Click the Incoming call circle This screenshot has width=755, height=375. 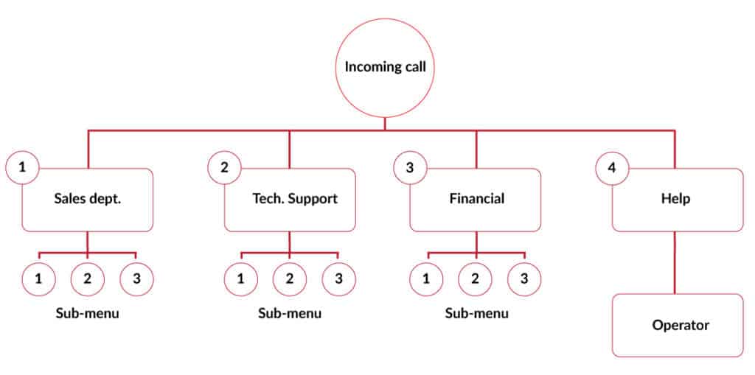click(x=384, y=67)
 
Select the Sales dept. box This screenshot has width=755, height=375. click(x=88, y=200)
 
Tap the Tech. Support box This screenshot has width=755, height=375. click(x=290, y=200)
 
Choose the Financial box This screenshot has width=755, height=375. click(x=476, y=200)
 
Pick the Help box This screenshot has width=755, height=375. click(x=678, y=200)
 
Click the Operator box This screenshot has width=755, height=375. click(x=678, y=326)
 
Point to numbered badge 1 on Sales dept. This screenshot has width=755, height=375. click(x=22, y=168)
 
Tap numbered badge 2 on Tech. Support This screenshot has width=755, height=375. click(x=224, y=168)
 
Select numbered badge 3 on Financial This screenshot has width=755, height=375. click(x=410, y=168)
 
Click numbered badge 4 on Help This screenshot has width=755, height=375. click(x=612, y=168)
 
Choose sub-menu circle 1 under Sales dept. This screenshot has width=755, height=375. click(x=38, y=278)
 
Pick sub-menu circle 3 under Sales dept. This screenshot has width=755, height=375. click(x=136, y=278)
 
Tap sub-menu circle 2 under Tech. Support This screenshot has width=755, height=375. click(x=290, y=278)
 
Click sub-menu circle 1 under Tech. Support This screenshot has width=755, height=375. click(x=241, y=278)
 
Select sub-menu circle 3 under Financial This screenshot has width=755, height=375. click(x=524, y=278)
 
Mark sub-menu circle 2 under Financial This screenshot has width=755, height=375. click(x=475, y=278)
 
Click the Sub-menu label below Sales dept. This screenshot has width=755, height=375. click(x=87, y=313)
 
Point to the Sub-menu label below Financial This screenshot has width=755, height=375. click(x=476, y=313)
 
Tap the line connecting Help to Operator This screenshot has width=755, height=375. click(x=674, y=263)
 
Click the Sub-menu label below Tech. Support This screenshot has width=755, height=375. click(x=290, y=313)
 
